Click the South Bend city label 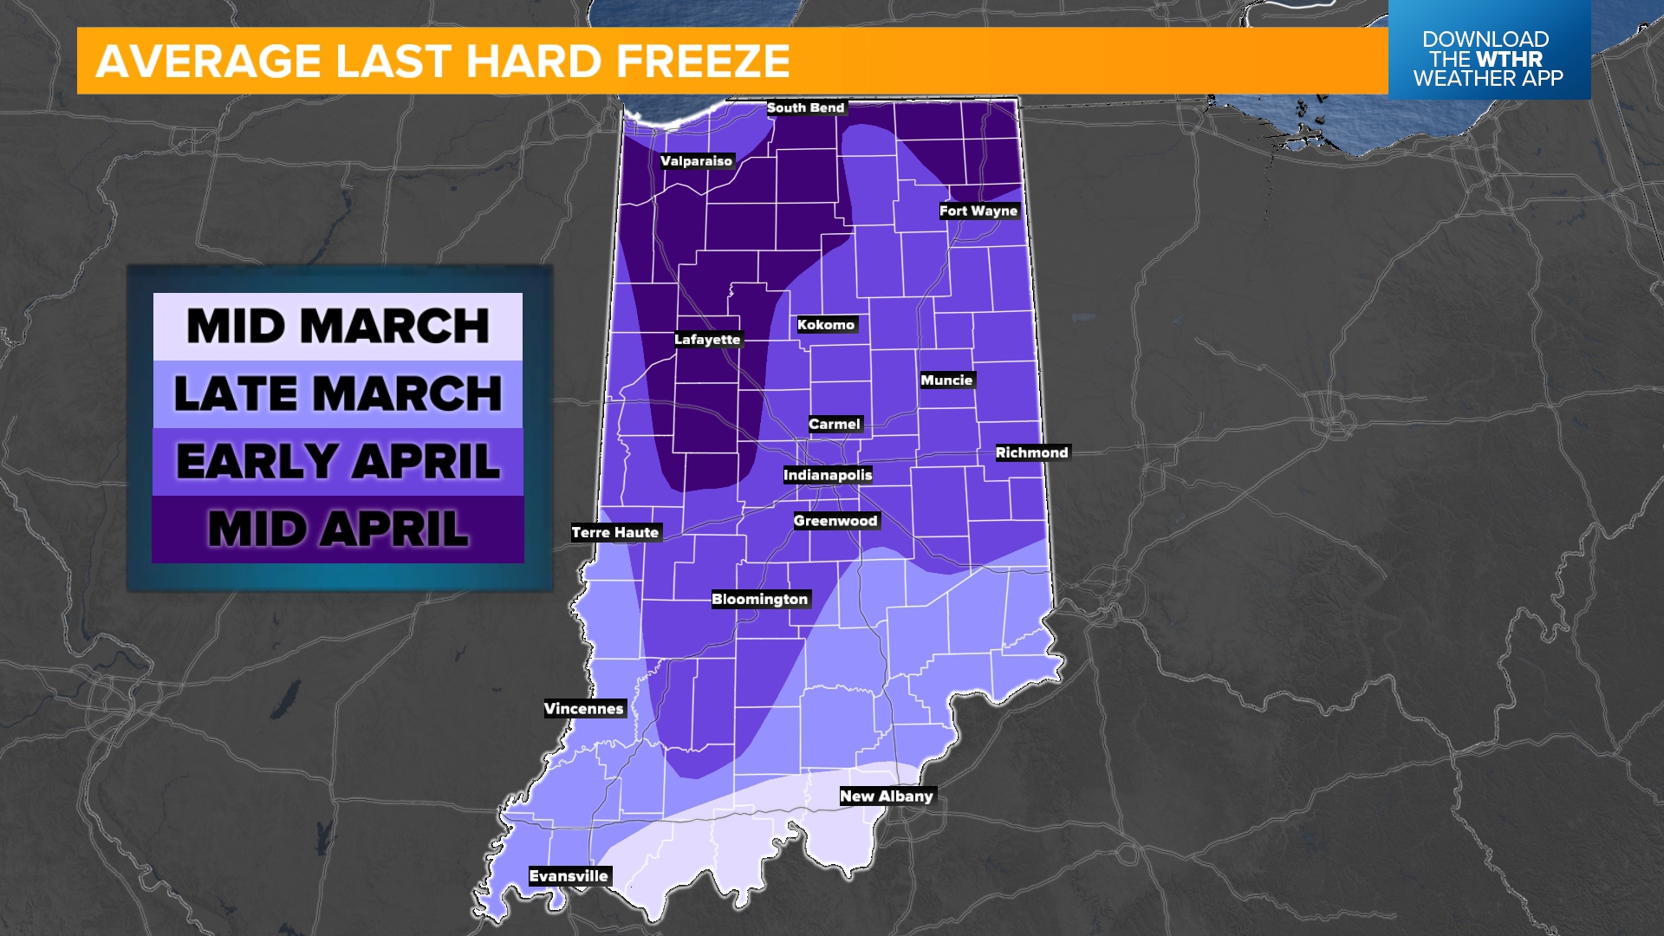[x=805, y=107]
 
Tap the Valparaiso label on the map [x=696, y=161]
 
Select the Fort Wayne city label [x=978, y=211]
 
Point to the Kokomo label [x=826, y=325]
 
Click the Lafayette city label [x=707, y=340]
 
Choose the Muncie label [x=946, y=380]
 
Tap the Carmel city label [x=835, y=424]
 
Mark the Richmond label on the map [x=1031, y=452]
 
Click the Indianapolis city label [x=828, y=475]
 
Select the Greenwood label [x=835, y=521]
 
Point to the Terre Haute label [x=615, y=533]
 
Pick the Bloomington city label [x=759, y=600]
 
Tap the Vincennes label [x=583, y=709]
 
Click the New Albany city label [x=887, y=796]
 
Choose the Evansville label [x=569, y=876]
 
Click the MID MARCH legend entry [x=338, y=327]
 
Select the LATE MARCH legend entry [x=338, y=394]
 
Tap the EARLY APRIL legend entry [x=338, y=461]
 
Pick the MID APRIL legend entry [x=338, y=529]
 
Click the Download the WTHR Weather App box [x=1488, y=59]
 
